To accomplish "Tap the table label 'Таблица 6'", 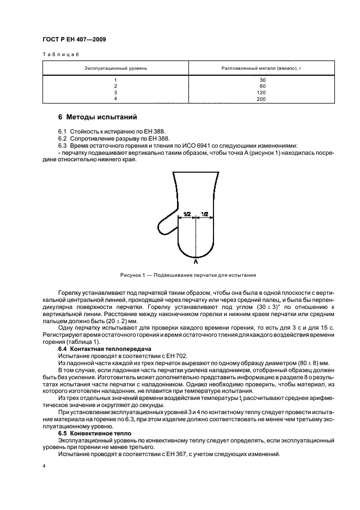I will click(x=61, y=55).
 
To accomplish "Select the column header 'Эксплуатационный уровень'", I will click(x=115, y=69).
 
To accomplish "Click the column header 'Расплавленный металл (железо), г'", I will click(x=261, y=69).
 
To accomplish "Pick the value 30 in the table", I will click(x=262, y=80).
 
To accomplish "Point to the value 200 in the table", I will click(x=262, y=100).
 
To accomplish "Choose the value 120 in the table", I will click(x=262, y=93).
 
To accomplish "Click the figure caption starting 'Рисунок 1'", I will click(x=188, y=275).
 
